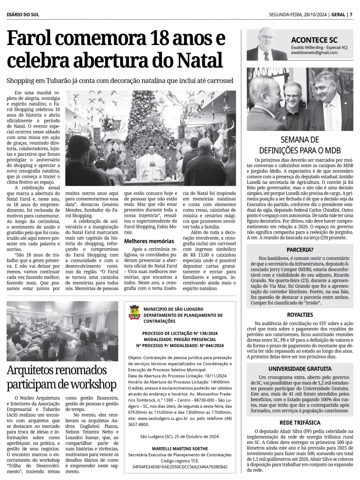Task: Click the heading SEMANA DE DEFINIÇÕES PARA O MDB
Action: click(x=299, y=145)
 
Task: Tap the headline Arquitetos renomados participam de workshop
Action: click(x=61, y=377)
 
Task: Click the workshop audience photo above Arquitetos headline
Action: click(x=62, y=331)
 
